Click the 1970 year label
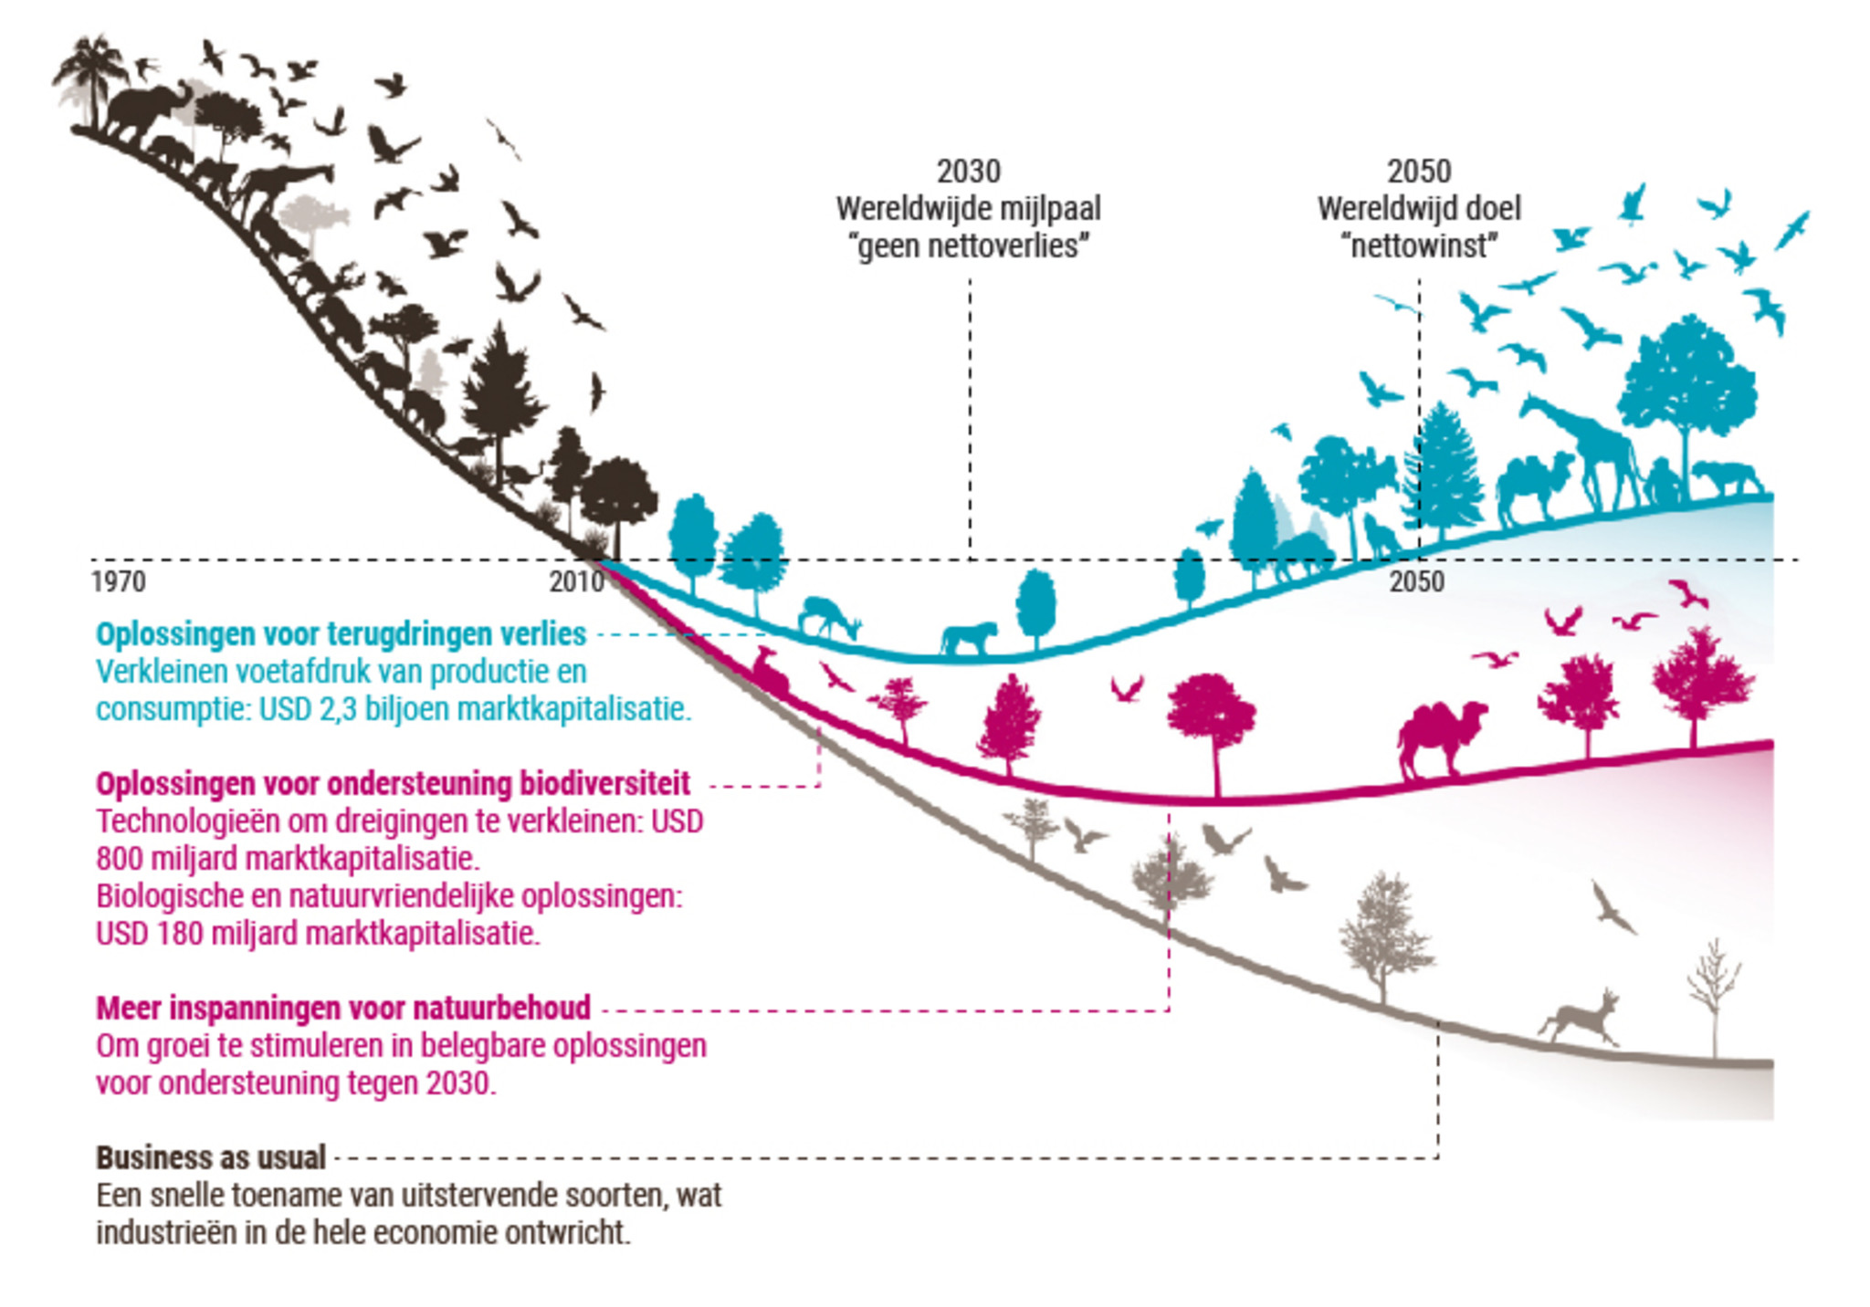coord(118,581)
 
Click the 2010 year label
coord(576,581)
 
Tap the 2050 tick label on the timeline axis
coord(1416,581)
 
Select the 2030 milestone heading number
coord(968,172)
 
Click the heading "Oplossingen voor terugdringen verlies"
coord(341,633)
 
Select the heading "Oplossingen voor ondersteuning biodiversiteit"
coord(393,783)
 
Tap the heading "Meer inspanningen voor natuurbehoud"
coord(343,1008)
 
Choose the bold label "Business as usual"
coord(211,1157)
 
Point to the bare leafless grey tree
coord(1713,995)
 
